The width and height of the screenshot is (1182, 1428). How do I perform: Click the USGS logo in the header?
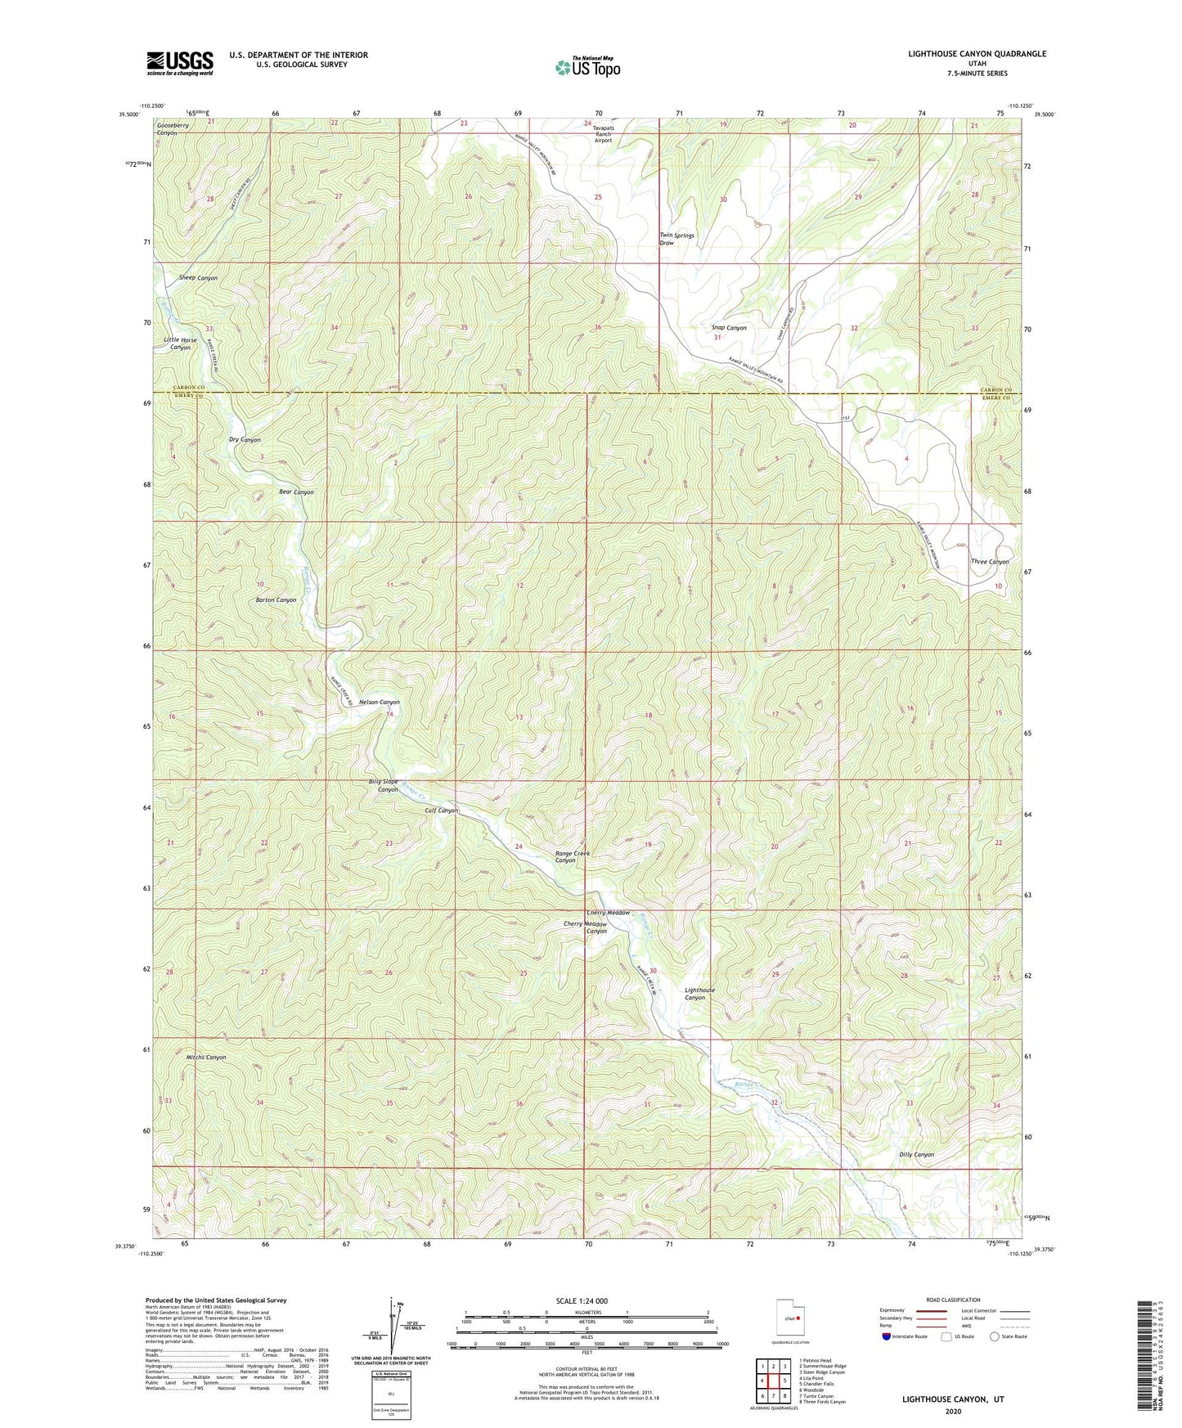180,62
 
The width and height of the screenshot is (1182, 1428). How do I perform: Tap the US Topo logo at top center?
587,66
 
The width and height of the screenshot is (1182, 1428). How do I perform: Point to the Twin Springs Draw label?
676,239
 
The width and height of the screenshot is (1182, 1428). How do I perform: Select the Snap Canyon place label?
728,327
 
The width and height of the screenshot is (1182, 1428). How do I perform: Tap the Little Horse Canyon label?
180,344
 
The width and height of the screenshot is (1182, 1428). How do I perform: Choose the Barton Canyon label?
276,599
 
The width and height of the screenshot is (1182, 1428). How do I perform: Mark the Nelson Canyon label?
380,702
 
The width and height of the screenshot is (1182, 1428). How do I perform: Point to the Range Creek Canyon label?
572,856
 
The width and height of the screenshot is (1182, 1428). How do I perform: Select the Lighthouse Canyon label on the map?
699,994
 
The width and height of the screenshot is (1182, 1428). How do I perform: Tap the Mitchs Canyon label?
206,1057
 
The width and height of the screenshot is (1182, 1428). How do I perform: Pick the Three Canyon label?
990,562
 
